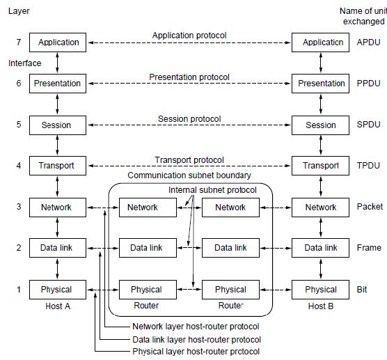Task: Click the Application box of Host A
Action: click(x=58, y=42)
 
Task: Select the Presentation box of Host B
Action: click(x=320, y=84)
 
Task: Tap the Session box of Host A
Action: click(x=58, y=125)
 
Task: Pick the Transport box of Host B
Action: click(x=320, y=166)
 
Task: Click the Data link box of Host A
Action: click(x=58, y=248)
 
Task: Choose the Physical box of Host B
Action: click(x=320, y=290)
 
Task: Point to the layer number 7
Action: click(x=19, y=42)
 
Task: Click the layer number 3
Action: click(x=19, y=206)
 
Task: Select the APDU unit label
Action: click(x=368, y=42)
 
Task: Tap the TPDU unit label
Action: click(x=368, y=166)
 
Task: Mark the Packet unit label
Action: click(x=370, y=206)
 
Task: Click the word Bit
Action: click(x=362, y=290)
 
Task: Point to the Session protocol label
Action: click(x=189, y=119)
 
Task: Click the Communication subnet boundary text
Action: click(x=189, y=175)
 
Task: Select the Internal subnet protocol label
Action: click(x=212, y=190)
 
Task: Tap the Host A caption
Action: click(x=58, y=306)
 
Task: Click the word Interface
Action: click(x=24, y=63)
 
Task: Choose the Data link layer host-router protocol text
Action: click(x=196, y=340)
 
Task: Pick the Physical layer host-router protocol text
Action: click(x=196, y=352)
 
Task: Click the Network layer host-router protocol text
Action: click(x=196, y=327)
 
